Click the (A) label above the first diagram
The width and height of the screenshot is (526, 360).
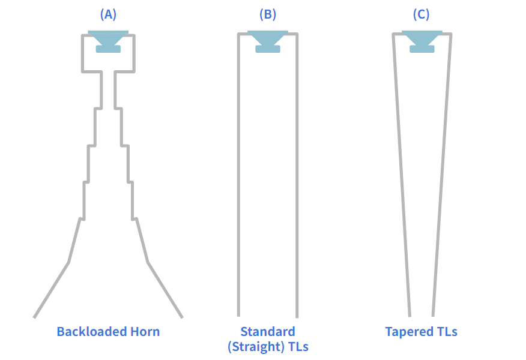[108, 15]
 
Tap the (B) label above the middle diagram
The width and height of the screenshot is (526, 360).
[267, 15]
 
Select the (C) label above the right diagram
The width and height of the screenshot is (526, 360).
[422, 15]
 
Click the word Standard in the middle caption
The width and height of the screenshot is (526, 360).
[268, 331]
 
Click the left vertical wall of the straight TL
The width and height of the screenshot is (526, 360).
[238, 180]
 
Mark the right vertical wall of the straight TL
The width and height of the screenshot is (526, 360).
[297, 180]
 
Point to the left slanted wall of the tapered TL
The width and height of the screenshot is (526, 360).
[402, 180]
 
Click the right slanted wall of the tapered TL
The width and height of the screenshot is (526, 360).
[442, 180]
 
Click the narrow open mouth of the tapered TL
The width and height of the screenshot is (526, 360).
[422, 314]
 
